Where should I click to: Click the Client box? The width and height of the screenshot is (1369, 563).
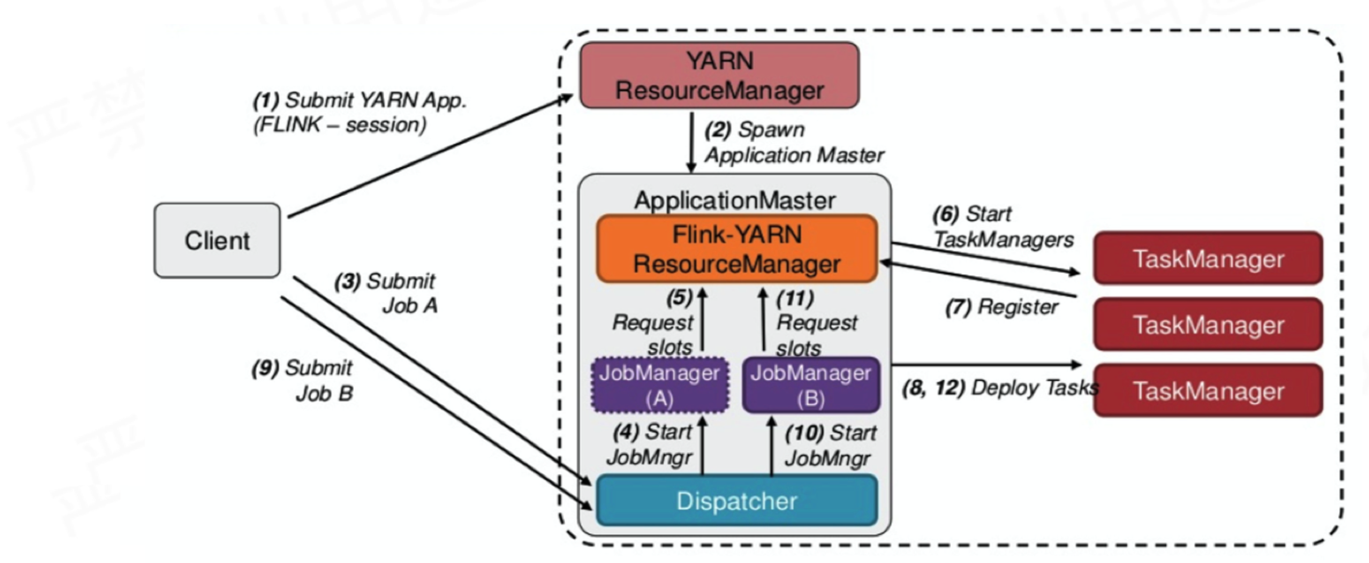[217, 241]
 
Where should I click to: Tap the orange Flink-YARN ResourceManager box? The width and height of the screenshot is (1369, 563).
[737, 249]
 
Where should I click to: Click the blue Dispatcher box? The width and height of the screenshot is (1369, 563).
[737, 500]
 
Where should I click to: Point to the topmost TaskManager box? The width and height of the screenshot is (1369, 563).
[1207, 259]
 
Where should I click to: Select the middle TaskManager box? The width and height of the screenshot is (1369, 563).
[1207, 324]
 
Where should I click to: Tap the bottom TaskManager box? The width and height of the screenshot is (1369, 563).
[1207, 390]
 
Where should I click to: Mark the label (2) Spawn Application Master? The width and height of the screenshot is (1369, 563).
[794, 142]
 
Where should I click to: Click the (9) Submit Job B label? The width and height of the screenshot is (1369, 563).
[304, 380]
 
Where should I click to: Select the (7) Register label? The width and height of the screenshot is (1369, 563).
[1001, 307]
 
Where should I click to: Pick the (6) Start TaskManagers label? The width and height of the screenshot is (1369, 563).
[1003, 227]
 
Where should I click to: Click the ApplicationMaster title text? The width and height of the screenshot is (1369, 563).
[735, 200]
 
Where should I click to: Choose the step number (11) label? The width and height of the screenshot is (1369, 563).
[795, 300]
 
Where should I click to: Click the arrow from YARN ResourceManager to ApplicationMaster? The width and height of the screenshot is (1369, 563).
[691, 141]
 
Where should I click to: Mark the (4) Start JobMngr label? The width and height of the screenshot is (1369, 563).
[652, 444]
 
